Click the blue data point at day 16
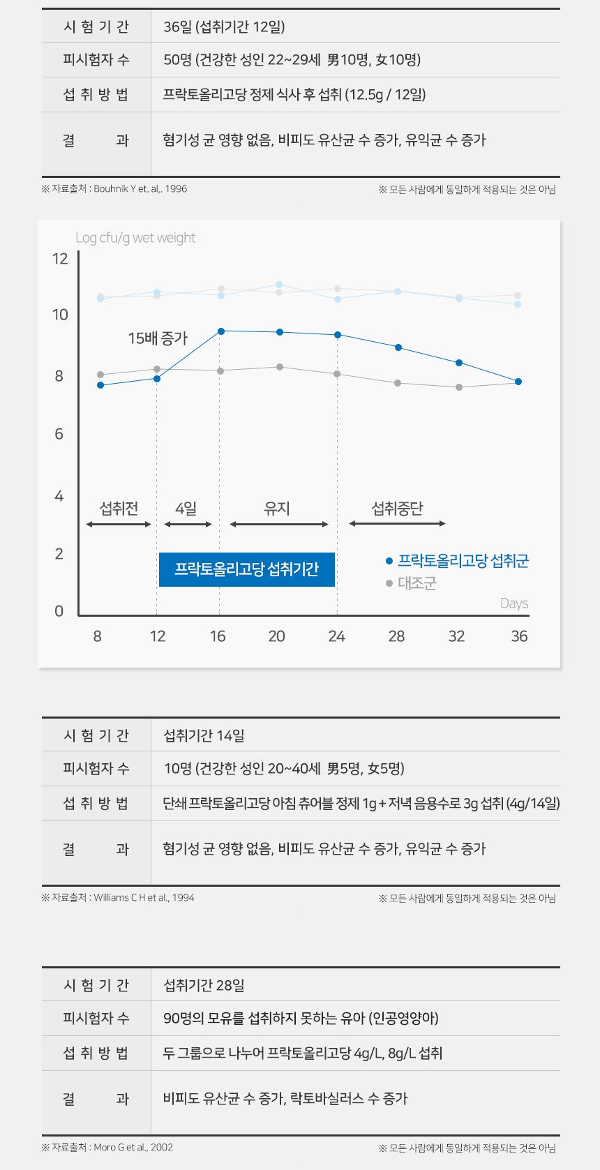pos(221,331)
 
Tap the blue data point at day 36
pos(518,382)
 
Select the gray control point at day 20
pos(280,367)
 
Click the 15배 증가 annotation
pos(158,338)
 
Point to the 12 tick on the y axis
pos(60,259)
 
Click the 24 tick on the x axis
pos(337,636)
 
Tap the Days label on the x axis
pos(514,603)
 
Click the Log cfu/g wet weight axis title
pos(135,238)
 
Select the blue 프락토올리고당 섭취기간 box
pos(246,569)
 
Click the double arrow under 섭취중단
pos(397,523)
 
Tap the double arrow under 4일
pos(188,524)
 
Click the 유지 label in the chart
pos(277,509)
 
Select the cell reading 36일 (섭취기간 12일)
pos(224,27)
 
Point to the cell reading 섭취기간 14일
pos(204,735)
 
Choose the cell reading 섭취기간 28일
pos(204,985)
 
